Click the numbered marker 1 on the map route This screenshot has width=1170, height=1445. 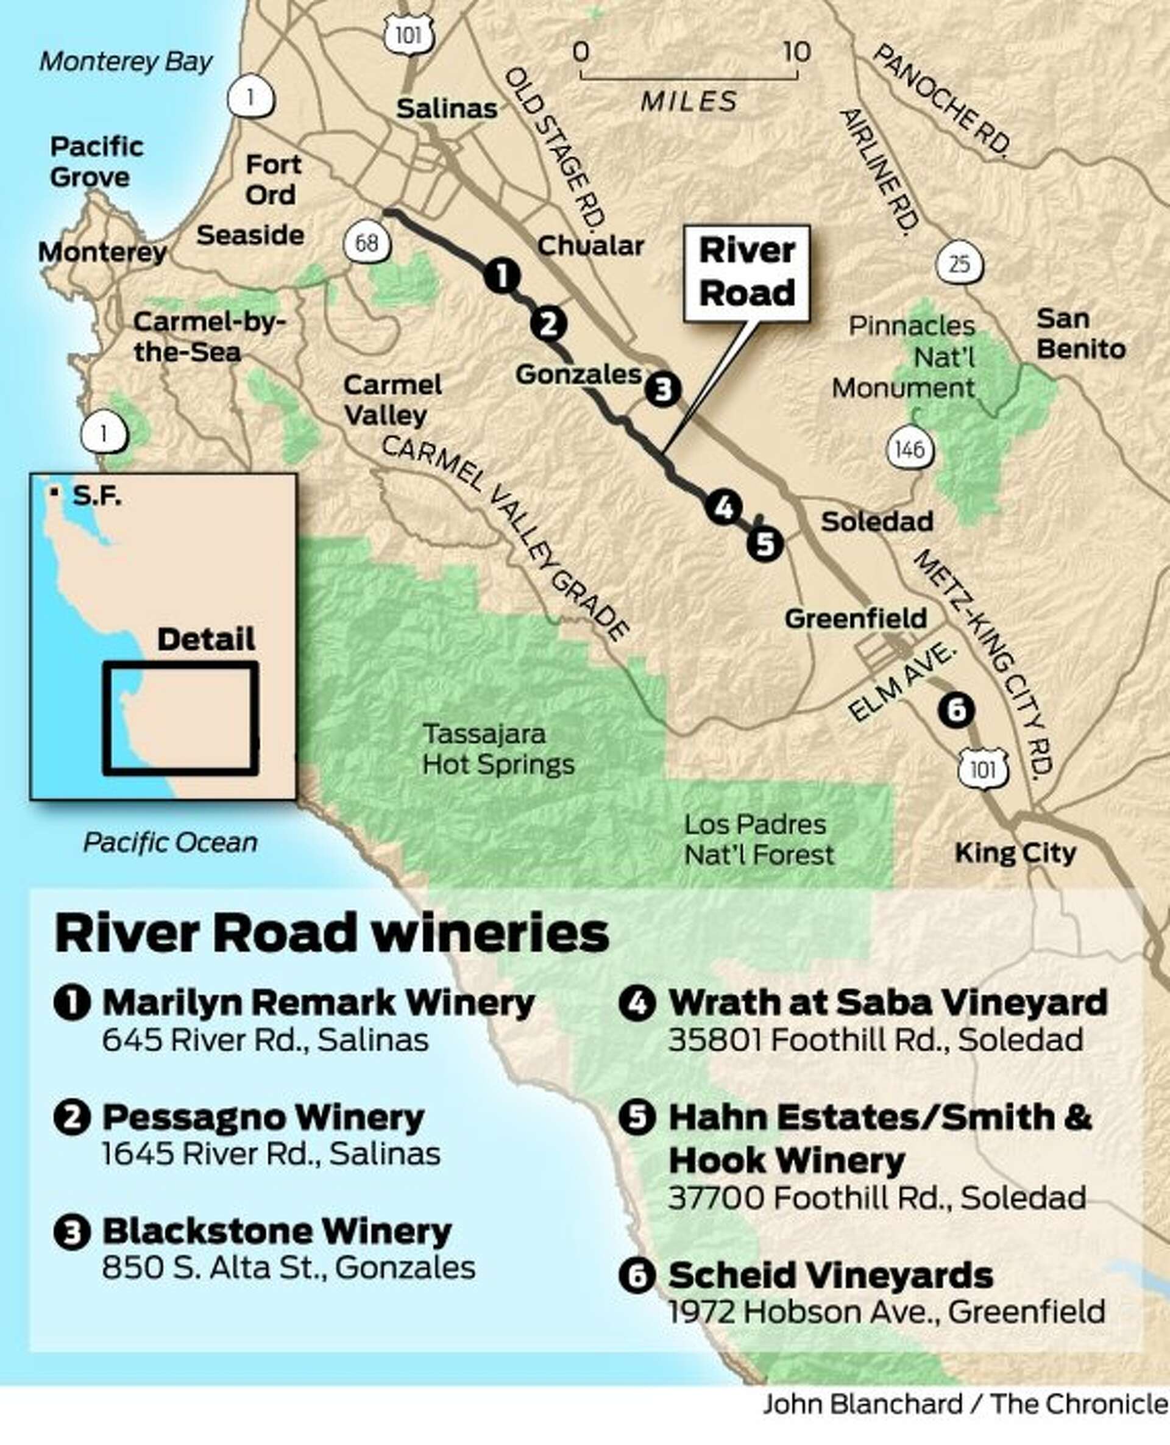point(502,275)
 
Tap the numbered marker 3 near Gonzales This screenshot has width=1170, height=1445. point(663,389)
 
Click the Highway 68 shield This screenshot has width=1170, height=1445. point(367,242)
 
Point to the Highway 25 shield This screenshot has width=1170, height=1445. point(959,263)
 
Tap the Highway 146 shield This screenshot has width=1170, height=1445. point(910,449)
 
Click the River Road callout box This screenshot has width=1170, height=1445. point(746,273)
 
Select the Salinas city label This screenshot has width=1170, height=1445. point(447,109)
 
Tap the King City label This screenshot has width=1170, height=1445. point(1015,853)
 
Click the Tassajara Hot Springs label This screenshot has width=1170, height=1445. point(498,749)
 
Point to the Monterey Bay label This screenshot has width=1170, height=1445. point(126,62)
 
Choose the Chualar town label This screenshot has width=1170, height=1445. point(590,246)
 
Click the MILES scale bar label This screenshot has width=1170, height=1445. point(689,102)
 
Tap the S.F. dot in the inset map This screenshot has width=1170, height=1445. point(54,493)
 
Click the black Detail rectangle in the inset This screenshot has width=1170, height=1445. point(180,718)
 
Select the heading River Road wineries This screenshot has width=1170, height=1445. point(331,933)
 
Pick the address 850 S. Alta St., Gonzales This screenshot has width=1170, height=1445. point(288,1268)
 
